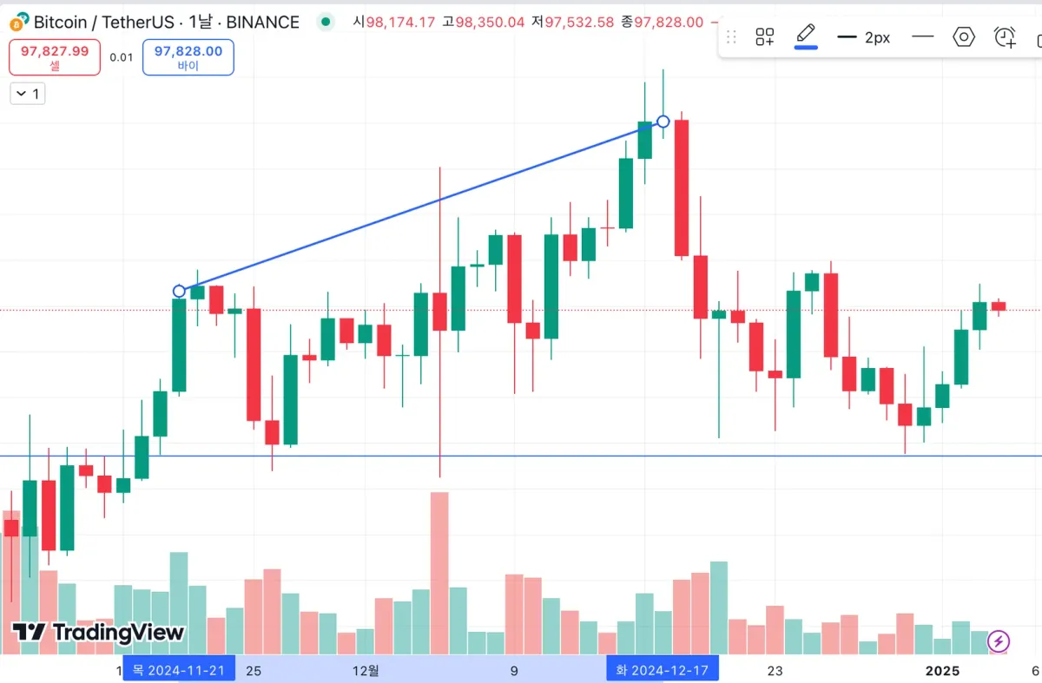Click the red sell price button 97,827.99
click(x=55, y=56)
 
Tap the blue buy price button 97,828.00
click(x=188, y=56)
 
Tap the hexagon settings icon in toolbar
click(x=964, y=37)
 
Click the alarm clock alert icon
click(x=1005, y=37)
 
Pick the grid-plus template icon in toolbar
click(x=764, y=37)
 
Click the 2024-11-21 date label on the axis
click(x=178, y=670)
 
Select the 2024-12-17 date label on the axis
click(x=662, y=670)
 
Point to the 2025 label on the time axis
click(x=942, y=670)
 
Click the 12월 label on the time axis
click(x=366, y=670)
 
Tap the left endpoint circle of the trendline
click(x=179, y=291)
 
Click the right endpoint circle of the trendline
click(x=663, y=121)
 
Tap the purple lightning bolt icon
click(x=999, y=641)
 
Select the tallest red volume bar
click(x=439, y=573)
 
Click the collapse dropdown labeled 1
click(x=27, y=94)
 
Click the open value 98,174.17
click(x=399, y=22)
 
